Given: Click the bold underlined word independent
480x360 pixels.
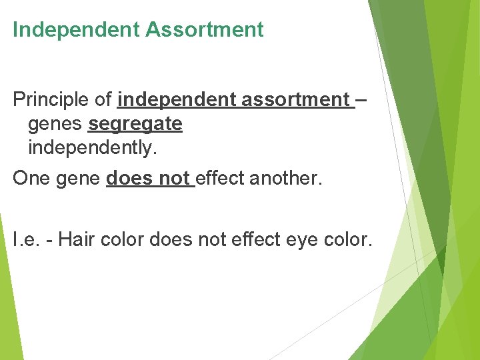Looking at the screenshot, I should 175,100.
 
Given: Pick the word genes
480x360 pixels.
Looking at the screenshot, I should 55,125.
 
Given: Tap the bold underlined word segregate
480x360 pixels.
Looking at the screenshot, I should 135,124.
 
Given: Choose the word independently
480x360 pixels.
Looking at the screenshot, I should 93,148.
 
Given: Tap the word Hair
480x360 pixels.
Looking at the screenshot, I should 76,239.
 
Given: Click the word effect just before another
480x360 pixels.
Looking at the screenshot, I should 219,179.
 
